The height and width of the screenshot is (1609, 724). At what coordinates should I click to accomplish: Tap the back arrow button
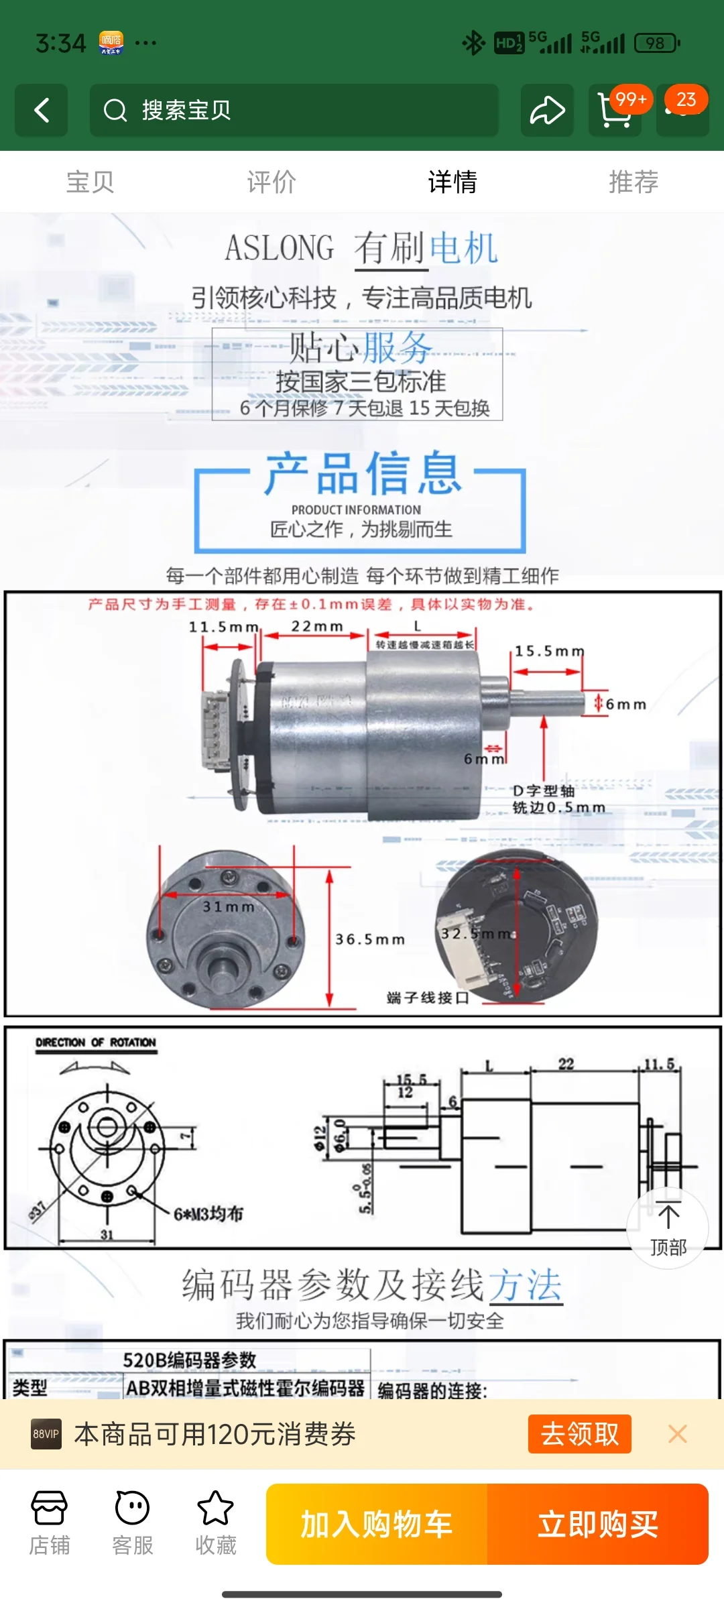(x=42, y=111)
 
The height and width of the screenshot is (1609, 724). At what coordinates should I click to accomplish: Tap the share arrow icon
(x=547, y=111)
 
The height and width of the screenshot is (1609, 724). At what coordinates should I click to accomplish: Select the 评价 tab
(x=271, y=182)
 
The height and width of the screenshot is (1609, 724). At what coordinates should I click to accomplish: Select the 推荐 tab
(x=633, y=182)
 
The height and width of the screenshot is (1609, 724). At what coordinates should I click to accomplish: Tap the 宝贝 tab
(x=90, y=182)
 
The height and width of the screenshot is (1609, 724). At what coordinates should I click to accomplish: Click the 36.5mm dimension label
(x=370, y=939)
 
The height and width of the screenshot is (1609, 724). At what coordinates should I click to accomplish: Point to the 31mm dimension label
(x=229, y=906)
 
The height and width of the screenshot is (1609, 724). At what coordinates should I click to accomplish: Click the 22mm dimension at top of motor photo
(x=316, y=626)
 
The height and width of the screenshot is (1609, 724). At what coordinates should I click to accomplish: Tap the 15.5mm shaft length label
(x=549, y=651)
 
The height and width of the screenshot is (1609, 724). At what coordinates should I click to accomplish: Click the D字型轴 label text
(x=544, y=790)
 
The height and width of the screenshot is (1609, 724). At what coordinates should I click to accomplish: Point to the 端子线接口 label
(x=428, y=998)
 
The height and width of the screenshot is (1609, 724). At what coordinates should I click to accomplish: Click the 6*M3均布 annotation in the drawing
(x=208, y=1214)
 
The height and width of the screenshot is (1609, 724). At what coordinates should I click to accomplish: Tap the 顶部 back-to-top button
(x=668, y=1229)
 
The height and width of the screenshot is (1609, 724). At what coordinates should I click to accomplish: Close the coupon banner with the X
(x=678, y=1434)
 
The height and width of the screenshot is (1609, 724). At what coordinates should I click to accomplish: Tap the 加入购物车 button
(x=376, y=1525)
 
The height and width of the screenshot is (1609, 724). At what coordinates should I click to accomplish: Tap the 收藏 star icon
(x=215, y=1508)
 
